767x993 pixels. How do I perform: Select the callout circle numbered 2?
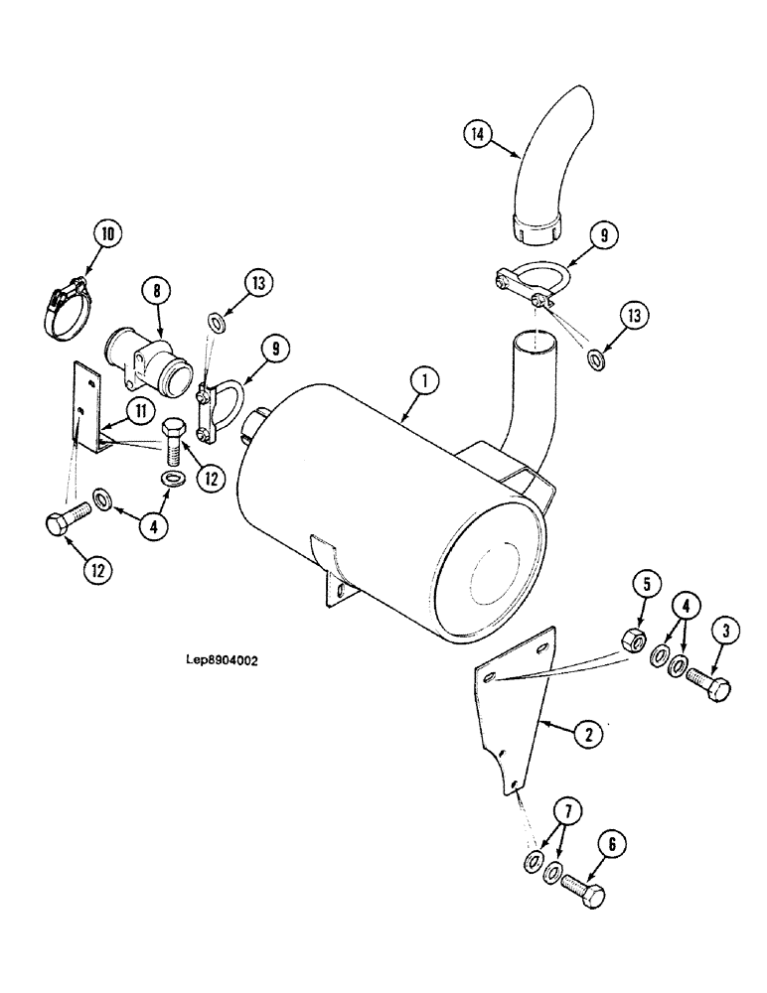tap(587, 734)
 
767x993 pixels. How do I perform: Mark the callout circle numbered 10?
tap(108, 234)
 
